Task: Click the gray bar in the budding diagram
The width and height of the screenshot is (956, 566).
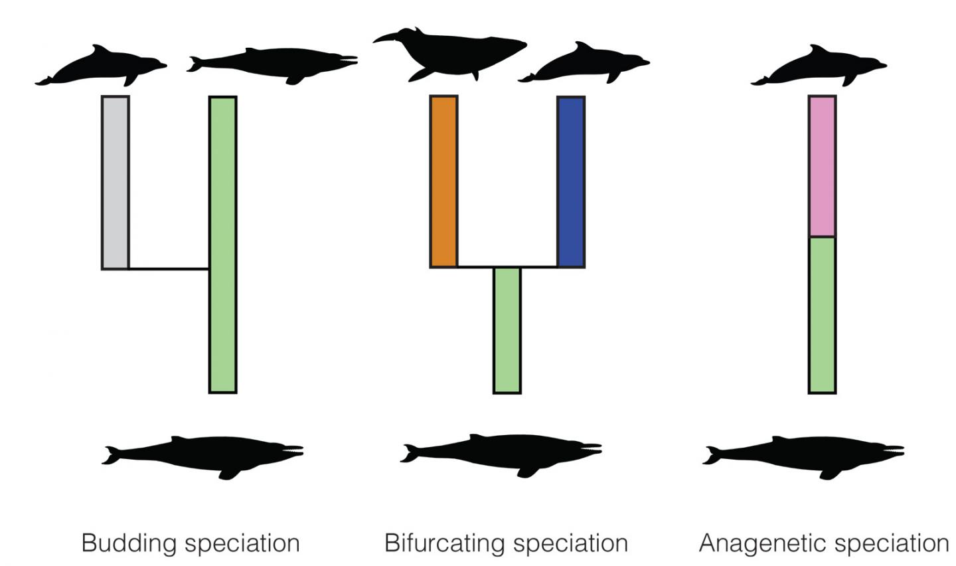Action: tap(115, 183)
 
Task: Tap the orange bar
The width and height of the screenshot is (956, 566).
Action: tap(443, 181)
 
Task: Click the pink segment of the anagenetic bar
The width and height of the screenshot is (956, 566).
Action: tap(822, 166)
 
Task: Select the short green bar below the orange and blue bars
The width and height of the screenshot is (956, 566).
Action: tap(507, 330)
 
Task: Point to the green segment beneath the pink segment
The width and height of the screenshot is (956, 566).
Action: tap(822, 314)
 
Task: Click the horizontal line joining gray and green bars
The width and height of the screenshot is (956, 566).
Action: tap(169, 269)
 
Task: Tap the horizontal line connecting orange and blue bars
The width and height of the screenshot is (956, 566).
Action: tap(507, 266)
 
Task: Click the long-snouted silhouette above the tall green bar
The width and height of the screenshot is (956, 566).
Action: tap(272, 64)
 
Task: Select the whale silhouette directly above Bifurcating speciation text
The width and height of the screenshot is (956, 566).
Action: tap(501, 455)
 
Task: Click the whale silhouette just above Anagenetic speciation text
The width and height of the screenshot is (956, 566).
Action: tap(803, 456)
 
